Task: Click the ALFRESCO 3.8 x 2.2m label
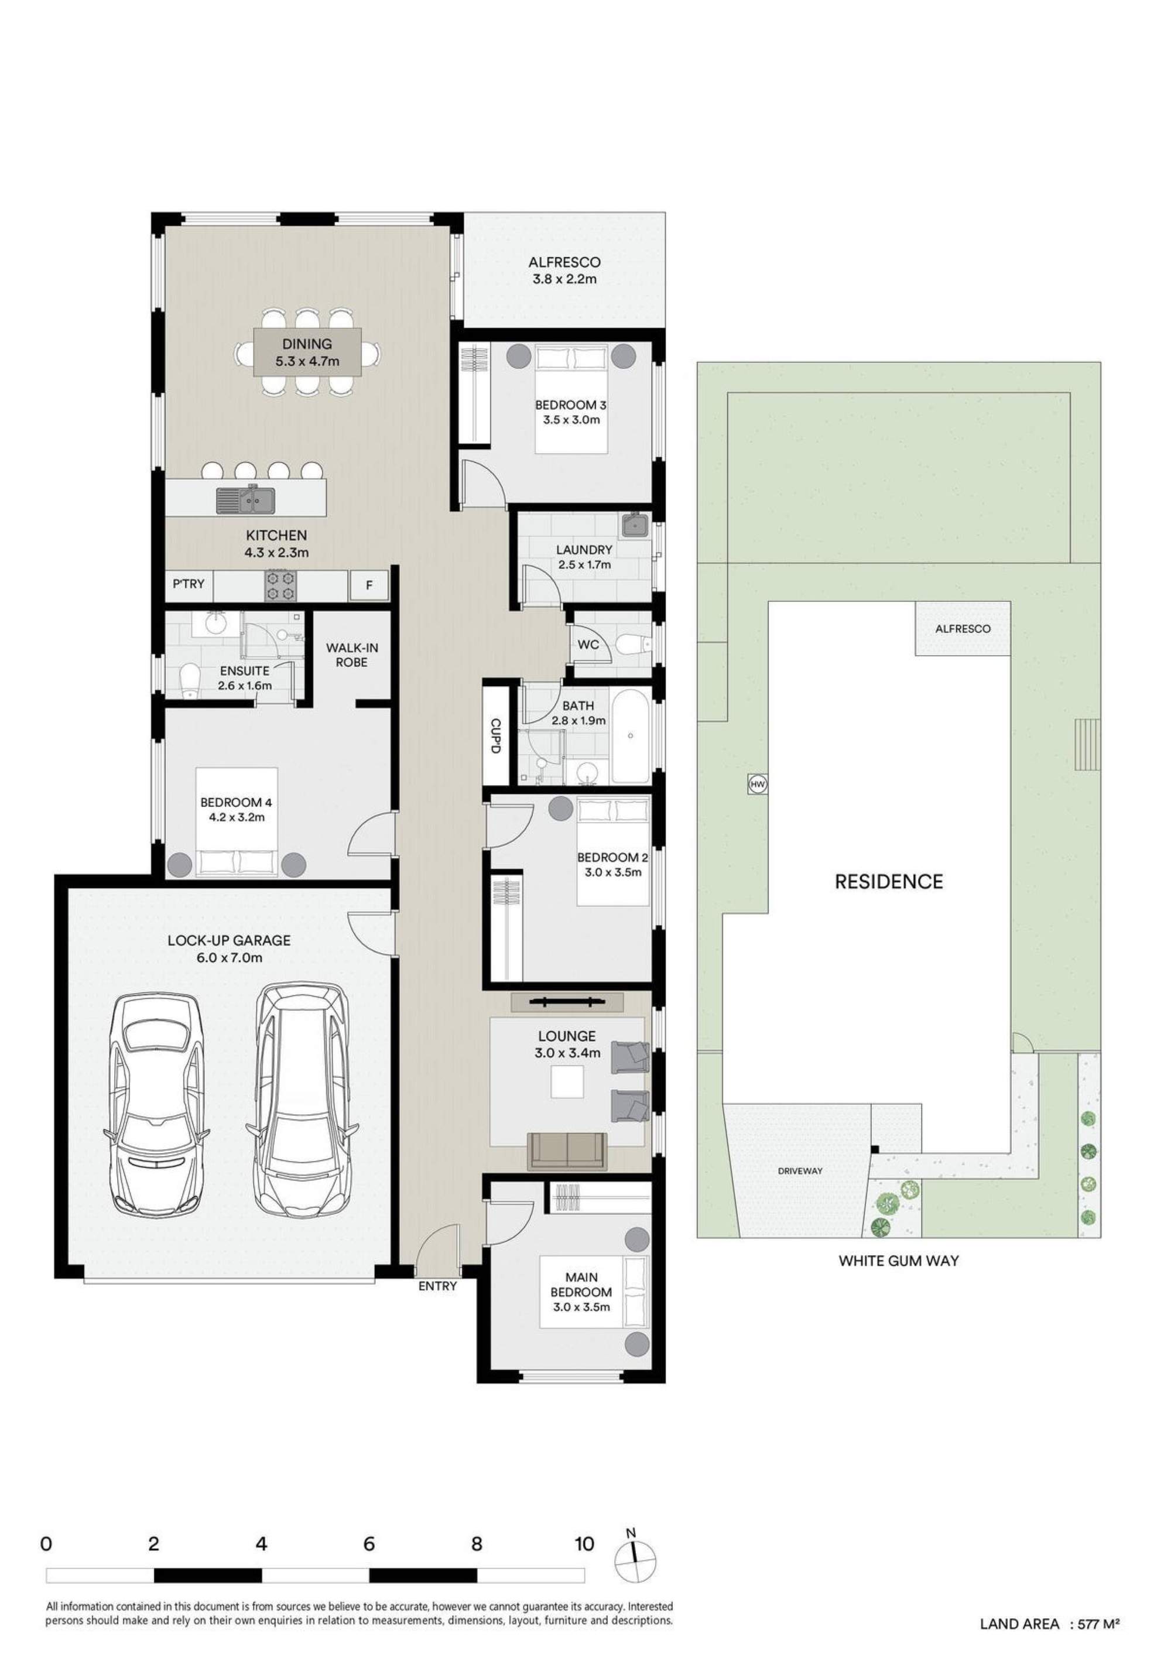[x=564, y=270]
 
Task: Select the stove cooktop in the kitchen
[x=280, y=585]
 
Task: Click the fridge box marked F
[x=369, y=585]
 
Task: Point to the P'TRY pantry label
[x=189, y=584]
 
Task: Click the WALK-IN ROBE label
[x=351, y=655]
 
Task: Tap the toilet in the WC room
[x=633, y=645]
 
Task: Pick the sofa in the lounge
[x=567, y=1150]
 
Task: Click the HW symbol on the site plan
[x=757, y=784]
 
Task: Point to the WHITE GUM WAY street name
[x=898, y=1260]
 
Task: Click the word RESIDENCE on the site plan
[x=889, y=881]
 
